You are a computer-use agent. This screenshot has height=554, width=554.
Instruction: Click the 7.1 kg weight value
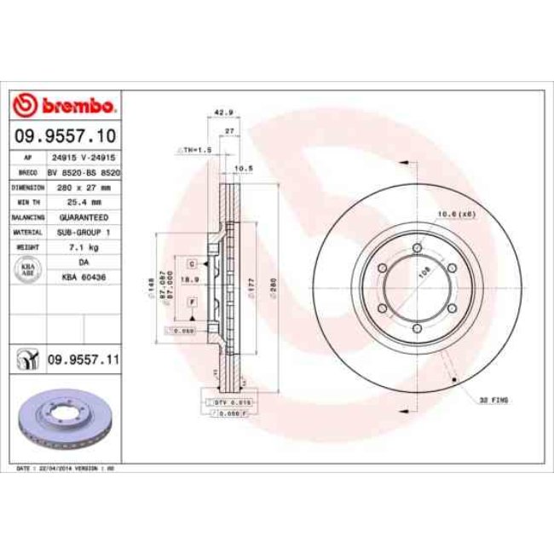[83, 247]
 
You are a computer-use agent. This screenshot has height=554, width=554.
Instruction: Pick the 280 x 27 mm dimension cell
[83, 187]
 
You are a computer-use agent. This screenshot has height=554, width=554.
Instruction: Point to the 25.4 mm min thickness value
[83, 202]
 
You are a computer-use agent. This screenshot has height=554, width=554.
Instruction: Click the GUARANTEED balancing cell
[83, 217]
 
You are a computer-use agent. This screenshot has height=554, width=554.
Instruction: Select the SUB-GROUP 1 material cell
[83, 232]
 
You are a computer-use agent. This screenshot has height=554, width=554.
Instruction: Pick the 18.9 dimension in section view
[193, 279]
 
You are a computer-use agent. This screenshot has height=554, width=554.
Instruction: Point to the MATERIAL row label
[27, 232]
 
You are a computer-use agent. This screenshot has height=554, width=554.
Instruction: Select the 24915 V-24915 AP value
[83, 158]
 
